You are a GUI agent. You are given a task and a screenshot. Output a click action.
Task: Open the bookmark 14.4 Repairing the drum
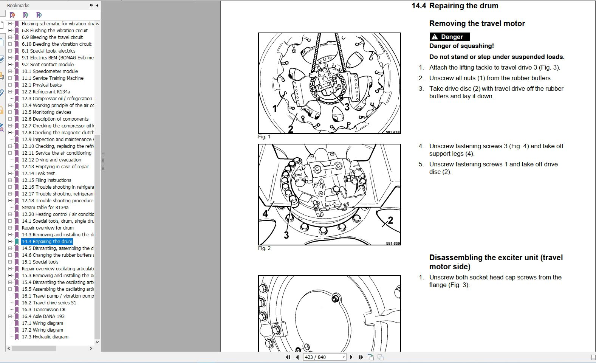(x=47, y=241)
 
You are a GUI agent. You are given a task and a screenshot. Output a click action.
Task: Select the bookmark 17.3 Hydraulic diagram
(x=45, y=337)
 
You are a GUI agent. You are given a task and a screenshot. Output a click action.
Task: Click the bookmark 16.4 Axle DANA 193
(x=43, y=316)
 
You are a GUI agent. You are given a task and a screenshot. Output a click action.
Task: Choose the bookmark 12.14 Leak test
(x=38, y=173)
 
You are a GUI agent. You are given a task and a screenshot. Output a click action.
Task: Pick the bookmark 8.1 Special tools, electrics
(x=48, y=51)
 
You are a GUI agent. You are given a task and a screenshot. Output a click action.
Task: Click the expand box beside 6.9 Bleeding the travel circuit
(x=10, y=37)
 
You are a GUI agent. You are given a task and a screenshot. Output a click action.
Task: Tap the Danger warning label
(x=450, y=37)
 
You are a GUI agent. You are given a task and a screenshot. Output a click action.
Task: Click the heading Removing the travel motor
(x=477, y=23)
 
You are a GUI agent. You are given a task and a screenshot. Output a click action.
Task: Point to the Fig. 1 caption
(x=264, y=137)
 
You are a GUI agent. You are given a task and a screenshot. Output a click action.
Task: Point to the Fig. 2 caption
(x=264, y=248)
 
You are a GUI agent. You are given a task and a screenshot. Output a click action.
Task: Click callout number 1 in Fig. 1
(x=275, y=109)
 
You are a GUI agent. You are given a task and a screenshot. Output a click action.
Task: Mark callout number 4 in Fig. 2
(x=265, y=214)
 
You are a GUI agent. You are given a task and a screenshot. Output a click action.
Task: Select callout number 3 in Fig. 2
(x=286, y=235)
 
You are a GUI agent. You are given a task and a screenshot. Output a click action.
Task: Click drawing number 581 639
(x=393, y=243)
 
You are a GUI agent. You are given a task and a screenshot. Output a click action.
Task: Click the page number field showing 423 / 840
(x=322, y=357)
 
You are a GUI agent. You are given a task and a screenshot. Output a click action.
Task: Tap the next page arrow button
(x=351, y=357)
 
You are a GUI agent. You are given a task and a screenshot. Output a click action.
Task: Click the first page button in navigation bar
(x=288, y=357)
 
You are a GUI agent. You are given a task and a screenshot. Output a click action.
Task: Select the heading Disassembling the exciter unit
(x=496, y=262)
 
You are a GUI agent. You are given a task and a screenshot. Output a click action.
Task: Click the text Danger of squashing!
(x=461, y=46)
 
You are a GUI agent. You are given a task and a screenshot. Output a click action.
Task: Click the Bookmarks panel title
(x=18, y=5)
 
